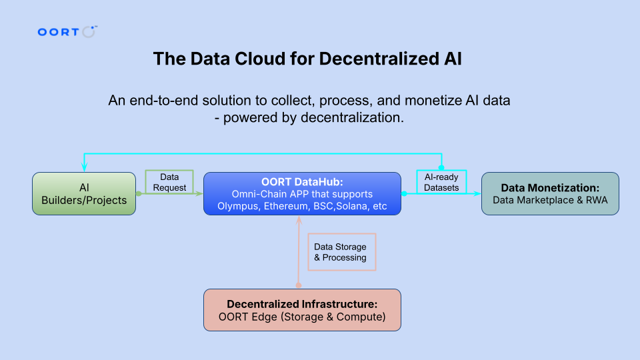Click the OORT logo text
point(58,32)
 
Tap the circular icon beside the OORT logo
point(88,32)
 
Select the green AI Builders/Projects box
point(84,193)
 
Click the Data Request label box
point(169,182)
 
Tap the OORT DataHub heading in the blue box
point(302,181)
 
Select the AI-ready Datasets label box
point(441,182)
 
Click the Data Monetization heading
point(550,188)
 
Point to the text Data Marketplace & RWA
point(550,200)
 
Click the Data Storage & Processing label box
point(341,252)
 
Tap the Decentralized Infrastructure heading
point(302,304)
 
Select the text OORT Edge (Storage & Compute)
point(302,317)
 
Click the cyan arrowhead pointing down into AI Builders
point(84,167)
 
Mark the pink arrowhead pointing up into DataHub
point(299,221)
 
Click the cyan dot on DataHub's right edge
point(404,193)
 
